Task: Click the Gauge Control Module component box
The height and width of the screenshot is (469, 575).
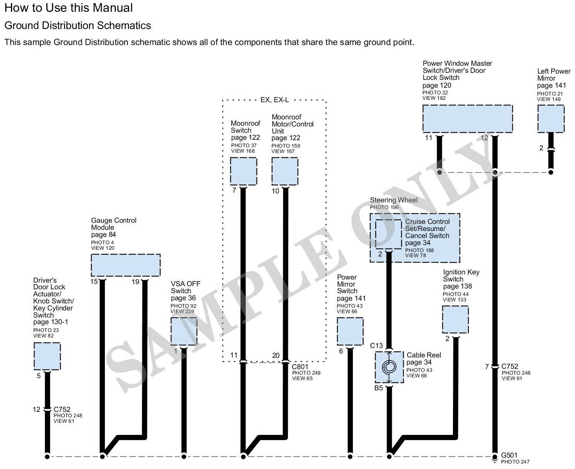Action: [x=126, y=265]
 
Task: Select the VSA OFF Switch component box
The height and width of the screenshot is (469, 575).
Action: [x=184, y=331]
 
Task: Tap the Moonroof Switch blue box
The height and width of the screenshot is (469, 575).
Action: [x=243, y=171]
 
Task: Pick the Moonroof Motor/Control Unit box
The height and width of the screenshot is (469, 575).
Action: [x=285, y=171]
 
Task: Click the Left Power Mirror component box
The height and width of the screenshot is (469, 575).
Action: [x=551, y=119]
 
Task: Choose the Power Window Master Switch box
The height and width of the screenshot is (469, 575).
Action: [x=467, y=118]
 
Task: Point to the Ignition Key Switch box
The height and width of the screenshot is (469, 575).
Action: [x=455, y=319]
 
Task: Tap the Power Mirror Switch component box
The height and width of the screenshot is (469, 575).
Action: [x=350, y=331]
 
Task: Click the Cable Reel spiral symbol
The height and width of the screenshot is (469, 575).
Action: [x=389, y=367]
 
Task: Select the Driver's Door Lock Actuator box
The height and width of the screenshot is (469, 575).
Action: [x=47, y=356]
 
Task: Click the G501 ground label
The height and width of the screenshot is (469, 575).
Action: [x=509, y=455]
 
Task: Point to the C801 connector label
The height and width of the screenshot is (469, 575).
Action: [x=300, y=367]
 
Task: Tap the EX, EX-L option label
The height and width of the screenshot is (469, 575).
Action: [x=275, y=100]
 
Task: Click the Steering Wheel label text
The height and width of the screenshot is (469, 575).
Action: [x=394, y=200]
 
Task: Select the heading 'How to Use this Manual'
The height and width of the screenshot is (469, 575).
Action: [x=68, y=8]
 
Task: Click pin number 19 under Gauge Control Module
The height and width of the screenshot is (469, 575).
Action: [x=135, y=282]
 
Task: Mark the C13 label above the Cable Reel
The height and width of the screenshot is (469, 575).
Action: [x=376, y=345]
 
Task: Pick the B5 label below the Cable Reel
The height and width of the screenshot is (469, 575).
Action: [x=378, y=388]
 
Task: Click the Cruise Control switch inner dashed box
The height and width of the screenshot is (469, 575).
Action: [x=388, y=234]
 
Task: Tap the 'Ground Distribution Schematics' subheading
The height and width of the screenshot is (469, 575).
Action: [x=77, y=25]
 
